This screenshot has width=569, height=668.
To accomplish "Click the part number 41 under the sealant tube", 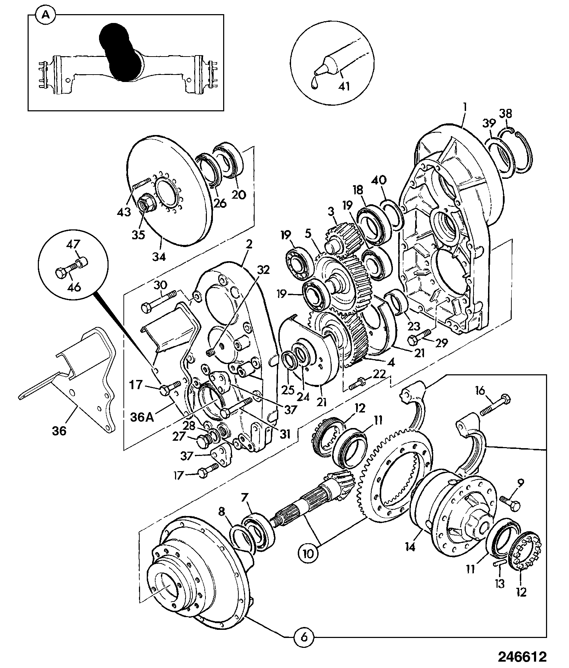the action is click(344, 86).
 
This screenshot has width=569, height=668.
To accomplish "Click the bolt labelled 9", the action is click(510, 502).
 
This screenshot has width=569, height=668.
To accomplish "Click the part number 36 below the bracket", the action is click(59, 431).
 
